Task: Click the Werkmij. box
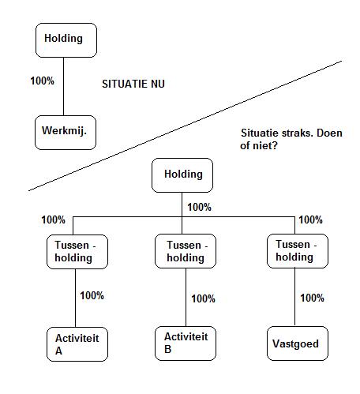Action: [66, 133]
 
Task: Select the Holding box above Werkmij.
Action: [66, 40]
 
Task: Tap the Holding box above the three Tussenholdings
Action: [182, 175]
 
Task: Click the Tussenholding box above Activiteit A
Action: [77, 252]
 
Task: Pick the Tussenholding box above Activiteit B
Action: [186, 251]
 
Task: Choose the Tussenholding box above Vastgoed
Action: [298, 251]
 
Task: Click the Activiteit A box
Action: [77, 344]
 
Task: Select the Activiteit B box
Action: [186, 343]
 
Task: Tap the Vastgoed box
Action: [298, 343]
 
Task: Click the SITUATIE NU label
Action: [133, 84]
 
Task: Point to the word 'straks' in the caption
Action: [298, 133]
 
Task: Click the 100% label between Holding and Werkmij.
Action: [42, 81]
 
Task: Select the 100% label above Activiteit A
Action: [92, 295]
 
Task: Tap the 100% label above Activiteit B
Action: [203, 298]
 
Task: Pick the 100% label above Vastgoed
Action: [312, 298]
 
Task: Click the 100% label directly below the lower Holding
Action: [199, 207]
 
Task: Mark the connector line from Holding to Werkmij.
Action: [63, 86]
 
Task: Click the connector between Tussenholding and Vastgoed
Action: [294, 297]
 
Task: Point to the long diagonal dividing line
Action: [186, 126]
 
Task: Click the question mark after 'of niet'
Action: [275, 145]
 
